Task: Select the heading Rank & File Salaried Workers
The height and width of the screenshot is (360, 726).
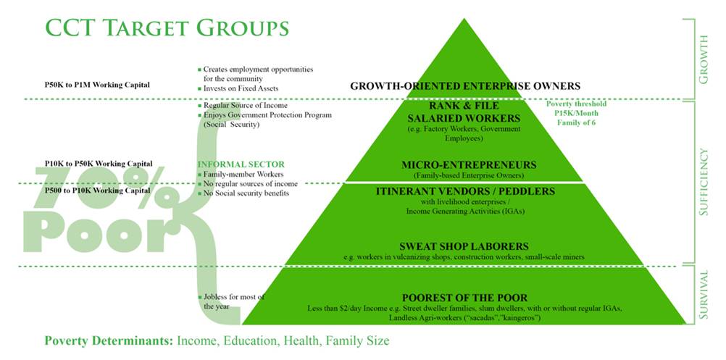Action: [x=464, y=112]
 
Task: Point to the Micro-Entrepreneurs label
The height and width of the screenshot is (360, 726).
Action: [x=464, y=165]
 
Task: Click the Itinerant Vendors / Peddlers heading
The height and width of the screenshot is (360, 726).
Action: [x=464, y=191]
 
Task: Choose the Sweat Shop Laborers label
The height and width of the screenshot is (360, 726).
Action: [x=464, y=246]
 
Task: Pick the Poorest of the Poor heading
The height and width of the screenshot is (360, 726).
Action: [x=464, y=298]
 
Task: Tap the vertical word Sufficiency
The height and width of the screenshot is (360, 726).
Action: [x=703, y=182]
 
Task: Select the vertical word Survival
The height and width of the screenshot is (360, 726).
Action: [x=703, y=296]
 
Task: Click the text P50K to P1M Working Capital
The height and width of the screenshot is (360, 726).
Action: [x=97, y=85]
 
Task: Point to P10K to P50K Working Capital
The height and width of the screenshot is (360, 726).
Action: [x=99, y=164]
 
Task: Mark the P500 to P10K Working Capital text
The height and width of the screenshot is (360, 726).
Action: [x=98, y=191]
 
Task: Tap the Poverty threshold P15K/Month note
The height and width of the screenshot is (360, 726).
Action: [x=576, y=114]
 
